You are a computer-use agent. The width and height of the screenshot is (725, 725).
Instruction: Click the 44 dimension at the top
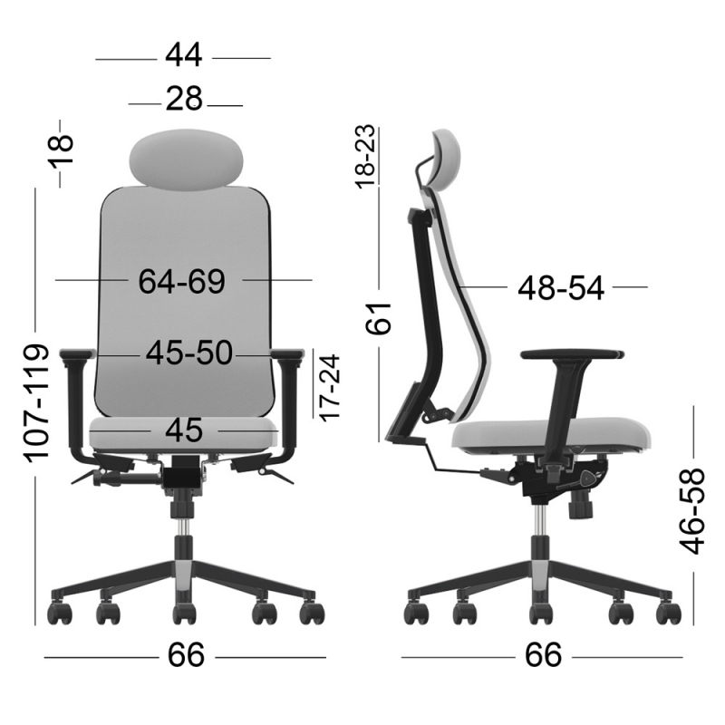pos(183,56)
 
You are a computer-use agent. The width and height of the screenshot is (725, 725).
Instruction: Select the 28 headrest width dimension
pos(183,99)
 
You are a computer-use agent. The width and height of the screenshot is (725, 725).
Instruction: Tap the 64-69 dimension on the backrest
pos(181,281)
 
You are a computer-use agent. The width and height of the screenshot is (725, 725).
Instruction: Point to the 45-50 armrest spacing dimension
pos(190,353)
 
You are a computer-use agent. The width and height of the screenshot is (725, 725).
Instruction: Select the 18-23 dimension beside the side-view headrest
pos(364,157)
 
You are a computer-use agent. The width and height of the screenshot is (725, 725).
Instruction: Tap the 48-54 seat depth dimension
pos(560,288)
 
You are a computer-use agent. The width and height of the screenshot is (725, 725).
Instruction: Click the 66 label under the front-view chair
pos(185,655)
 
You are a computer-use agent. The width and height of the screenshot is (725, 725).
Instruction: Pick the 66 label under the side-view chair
pos(542,653)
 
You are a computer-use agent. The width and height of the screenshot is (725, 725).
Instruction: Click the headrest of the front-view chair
pos(188,157)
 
